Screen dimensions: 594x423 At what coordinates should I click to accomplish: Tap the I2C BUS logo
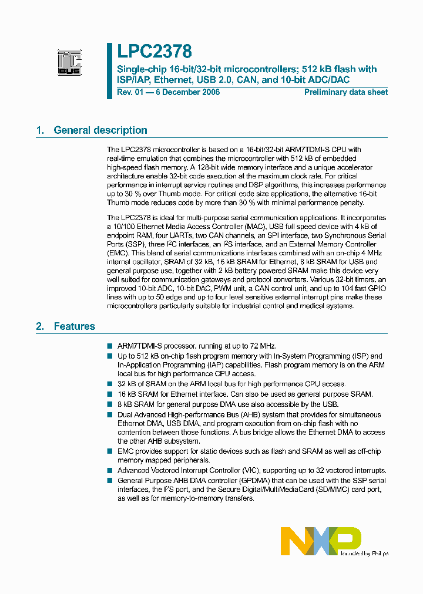[x=69, y=62]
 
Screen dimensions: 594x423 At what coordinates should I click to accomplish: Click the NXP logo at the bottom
[x=320, y=540]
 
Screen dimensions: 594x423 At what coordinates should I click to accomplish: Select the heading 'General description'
[x=100, y=130]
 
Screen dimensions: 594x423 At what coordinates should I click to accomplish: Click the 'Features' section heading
[x=74, y=326]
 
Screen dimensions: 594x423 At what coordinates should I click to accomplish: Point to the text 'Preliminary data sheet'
[x=346, y=92]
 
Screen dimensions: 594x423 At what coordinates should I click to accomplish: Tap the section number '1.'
[x=40, y=130]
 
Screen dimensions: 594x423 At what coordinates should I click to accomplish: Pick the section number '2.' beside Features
[x=40, y=326]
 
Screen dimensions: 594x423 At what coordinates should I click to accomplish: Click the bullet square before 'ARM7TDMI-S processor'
[x=110, y=347]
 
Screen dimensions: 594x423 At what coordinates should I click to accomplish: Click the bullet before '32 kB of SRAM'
[x=110, y=384]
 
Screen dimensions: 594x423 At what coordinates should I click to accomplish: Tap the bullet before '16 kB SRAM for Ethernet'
[x=110, y=394]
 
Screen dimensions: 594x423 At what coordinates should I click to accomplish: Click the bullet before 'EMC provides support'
[x=110, y=451]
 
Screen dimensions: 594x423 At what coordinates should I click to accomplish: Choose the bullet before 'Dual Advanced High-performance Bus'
[x=110, y=414]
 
